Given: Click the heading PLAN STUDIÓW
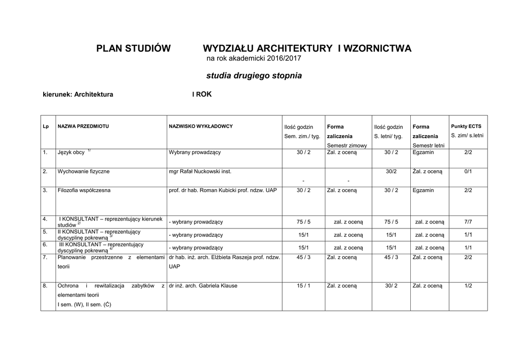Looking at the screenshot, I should pyautogui.click(x=133, y=49).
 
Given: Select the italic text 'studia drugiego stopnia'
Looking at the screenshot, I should pyautogui.click(x=254, y=76).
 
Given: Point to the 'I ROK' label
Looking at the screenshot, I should pyautogui.click(x=202, y=94).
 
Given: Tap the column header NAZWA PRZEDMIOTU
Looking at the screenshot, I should pyautogui.click(x=83, y=127).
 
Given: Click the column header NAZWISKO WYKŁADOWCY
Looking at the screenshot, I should pyautogui.click(x=200, y=127).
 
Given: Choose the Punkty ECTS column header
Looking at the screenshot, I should pyautogui.click(x=466, y=127).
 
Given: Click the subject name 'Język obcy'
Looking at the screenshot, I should pyautogui.click(x=71, y=152).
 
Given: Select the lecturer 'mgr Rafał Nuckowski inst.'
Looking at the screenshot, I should pyautogui.click(x=200, y=171).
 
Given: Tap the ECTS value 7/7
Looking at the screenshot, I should pyautogui.click(x=468, y=221).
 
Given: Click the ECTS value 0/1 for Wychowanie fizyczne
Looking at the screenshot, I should pyautogui.click(x=468, y=171).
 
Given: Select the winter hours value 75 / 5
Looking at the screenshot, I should pyautogui.click(x=304, y=221).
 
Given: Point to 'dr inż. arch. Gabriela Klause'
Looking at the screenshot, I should pyautogui.click(x=203, y=286).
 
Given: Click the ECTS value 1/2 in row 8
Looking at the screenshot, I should pyautogui.click(x=468, y=286).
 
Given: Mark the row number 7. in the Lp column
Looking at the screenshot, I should pyautogui.click(x=45, y=257).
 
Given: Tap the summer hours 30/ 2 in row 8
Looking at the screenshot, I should pyautogui.click(x=391, y=286).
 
